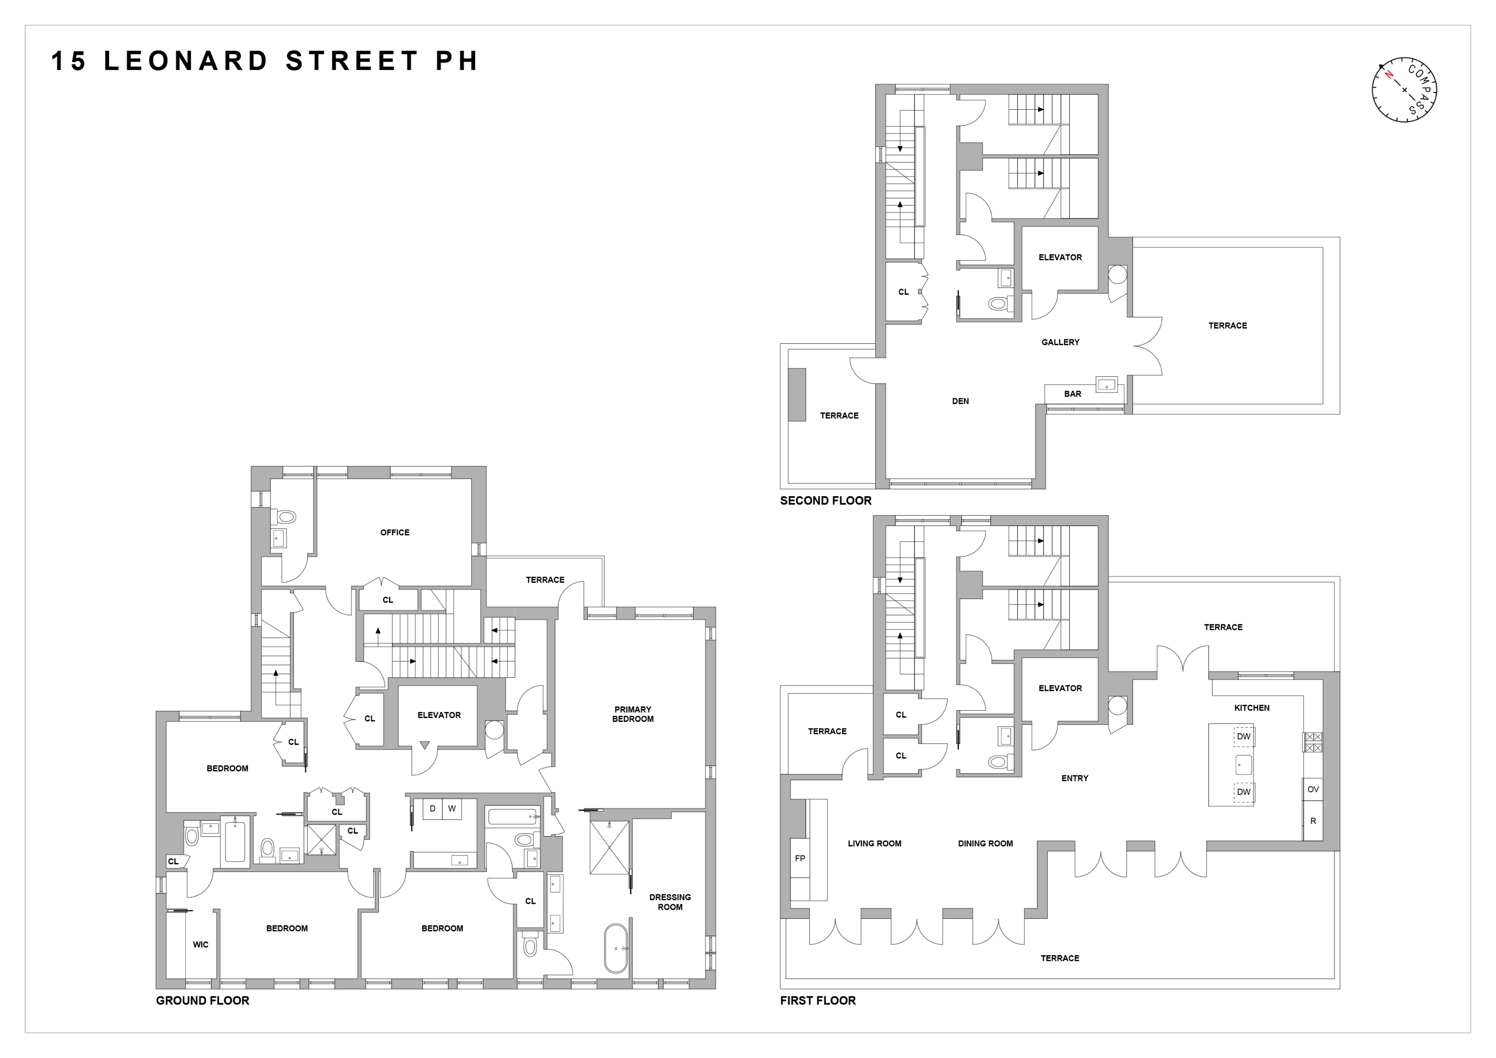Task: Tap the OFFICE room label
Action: (395, 532)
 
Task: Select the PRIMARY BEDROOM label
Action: (633, 714)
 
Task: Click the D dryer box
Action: (432, 809)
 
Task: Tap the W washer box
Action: (452, 809)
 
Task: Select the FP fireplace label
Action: (800, 858)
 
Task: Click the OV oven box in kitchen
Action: (1313, 789)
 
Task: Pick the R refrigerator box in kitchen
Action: (1313, 821)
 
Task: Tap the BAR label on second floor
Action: (1072, 393)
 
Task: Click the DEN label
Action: (961, 401)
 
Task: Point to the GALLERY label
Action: (1060, 342)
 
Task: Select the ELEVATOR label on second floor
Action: (1060, 257)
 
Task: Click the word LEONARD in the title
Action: (186, 61)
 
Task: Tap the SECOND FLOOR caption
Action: (825, 500)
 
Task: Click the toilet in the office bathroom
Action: (286, 517)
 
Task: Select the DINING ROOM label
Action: (985, 843)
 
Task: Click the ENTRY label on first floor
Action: (1074, 778)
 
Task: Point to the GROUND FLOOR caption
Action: (203, 1000)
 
